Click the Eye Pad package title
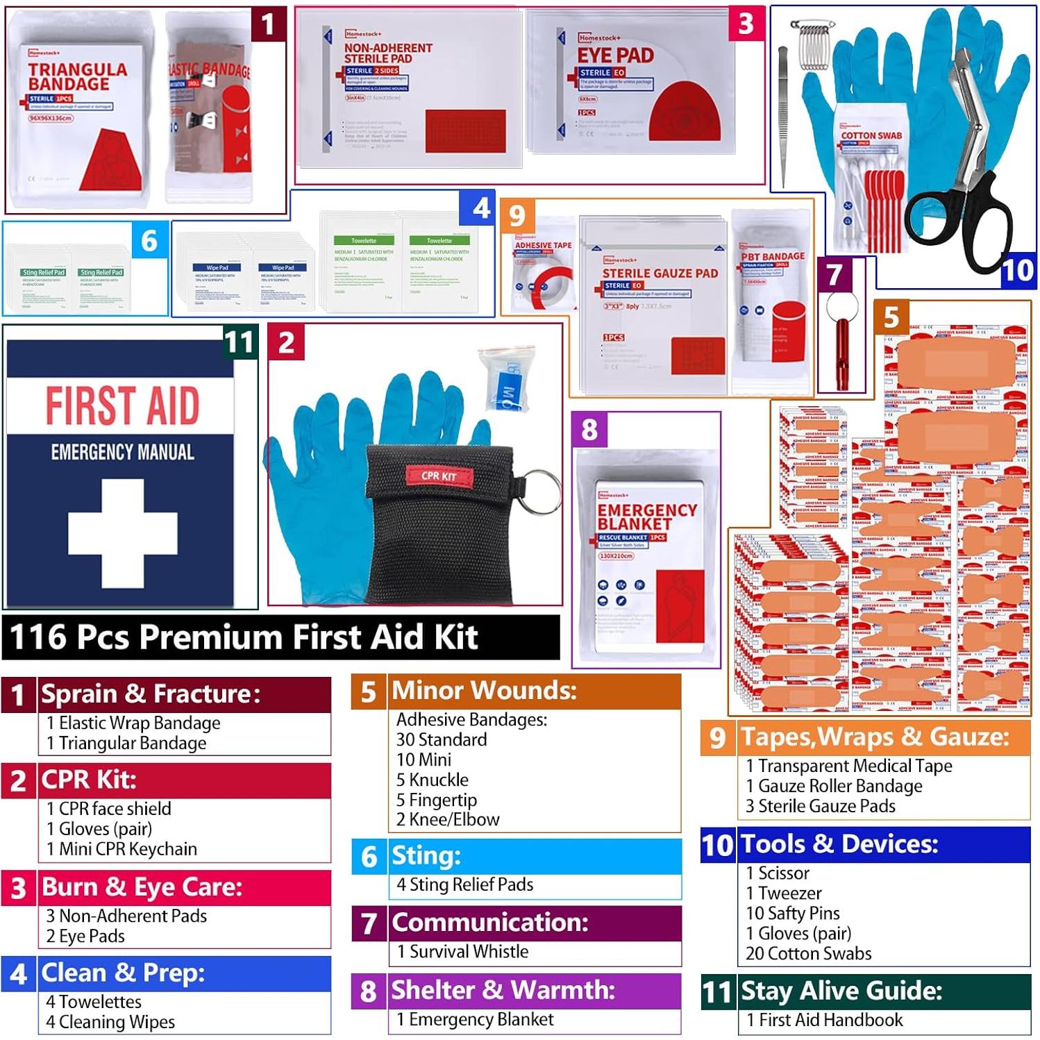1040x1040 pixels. (615, 56)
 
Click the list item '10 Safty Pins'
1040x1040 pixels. (792, 913)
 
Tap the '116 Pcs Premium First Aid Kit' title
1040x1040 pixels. (244, 637)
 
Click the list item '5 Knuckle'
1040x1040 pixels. (433, 780)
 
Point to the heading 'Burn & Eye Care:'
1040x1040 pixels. (142, 887)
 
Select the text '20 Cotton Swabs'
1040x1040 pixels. (808, 953)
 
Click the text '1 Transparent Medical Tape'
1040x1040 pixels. (848, 766)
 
